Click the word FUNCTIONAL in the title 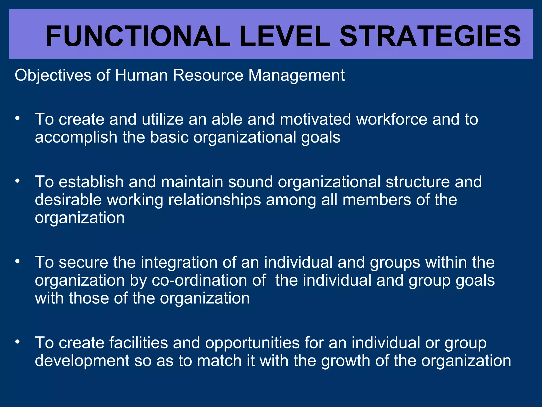tap(138, 36)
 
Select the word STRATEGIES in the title tap(430, 36)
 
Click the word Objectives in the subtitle tap(53, 76)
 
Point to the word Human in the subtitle tap(141, 75)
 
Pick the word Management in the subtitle tap(296, 76)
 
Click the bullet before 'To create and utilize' tap(17, 118)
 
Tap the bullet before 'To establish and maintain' tap(17, 181)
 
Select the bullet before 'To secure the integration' tap(17, 262)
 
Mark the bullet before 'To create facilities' tap(17, 342)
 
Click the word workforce tap(392, 119)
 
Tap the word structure tap(418, 182)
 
